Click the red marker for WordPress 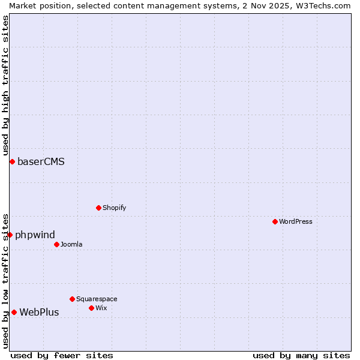(275, 221)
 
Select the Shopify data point (98, 208)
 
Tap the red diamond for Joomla (56, 244)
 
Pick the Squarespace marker (72, 299)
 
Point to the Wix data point (91, 308)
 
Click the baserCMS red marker (12, 161)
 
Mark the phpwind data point (10, 235)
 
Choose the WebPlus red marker (14, 312)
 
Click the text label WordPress (295, 221)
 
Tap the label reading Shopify (114, 208)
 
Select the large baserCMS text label (41, 161)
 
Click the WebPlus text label (39, 312)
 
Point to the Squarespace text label (97, 299)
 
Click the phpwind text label (35, 235)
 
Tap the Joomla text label (71, 244)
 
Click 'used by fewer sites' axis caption (62, 355)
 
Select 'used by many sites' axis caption (301, 355)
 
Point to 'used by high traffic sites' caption (5, 85)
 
